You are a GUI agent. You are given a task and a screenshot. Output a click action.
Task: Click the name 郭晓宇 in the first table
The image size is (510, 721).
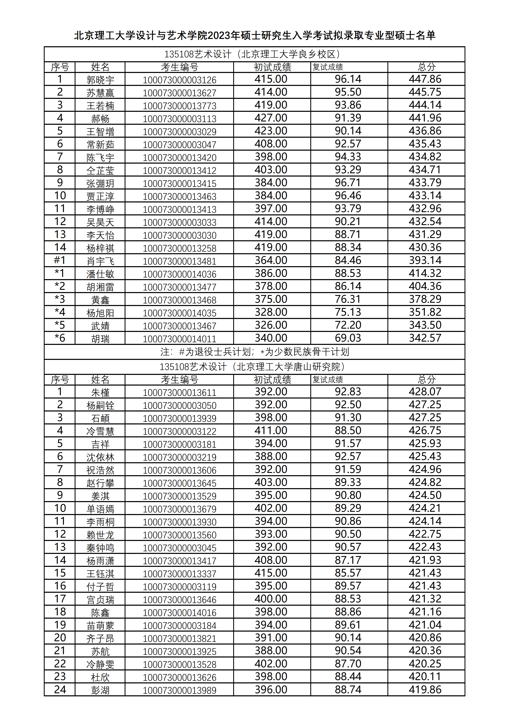click(100, 80)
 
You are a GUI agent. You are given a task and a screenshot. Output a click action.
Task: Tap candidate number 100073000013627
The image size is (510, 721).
click(180, 93)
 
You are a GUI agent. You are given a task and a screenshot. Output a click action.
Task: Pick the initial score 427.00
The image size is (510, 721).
click(271, 118)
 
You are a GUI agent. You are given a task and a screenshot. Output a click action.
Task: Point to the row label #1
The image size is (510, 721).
click(60, 260)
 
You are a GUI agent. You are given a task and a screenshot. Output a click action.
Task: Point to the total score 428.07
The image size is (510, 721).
click(425, 392)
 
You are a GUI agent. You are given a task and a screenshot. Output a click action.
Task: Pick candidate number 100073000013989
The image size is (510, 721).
click(180, 691)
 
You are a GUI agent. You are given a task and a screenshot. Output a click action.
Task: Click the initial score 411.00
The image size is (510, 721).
click(271, 431)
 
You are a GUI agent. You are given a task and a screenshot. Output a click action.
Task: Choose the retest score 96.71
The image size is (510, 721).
click(348, 183)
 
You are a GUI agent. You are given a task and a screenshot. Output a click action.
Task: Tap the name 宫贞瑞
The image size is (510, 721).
click(100, 600)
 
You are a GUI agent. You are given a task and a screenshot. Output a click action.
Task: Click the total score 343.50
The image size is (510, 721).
click(425, 325)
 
